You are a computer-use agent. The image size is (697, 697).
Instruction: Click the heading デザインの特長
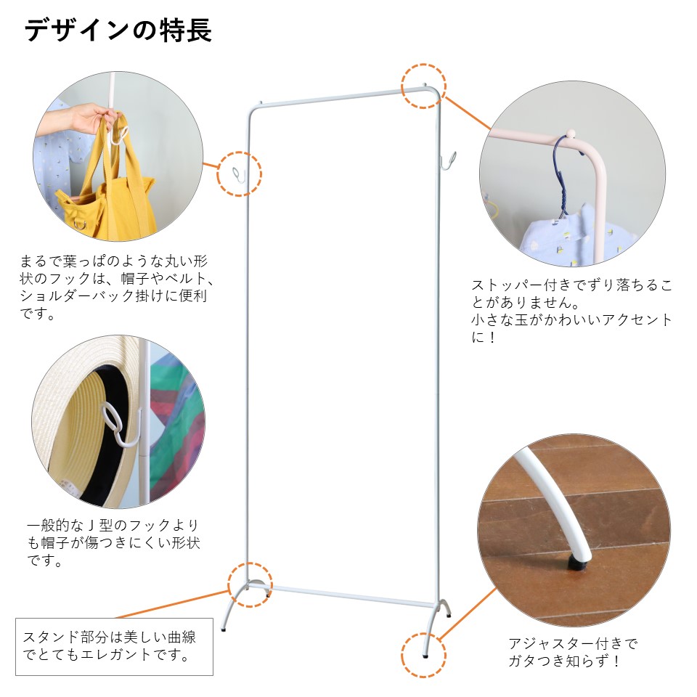tap(118, 30)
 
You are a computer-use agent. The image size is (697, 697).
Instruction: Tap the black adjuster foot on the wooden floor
tap(578, 561)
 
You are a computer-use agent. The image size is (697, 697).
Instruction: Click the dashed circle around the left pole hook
tap(240, 174)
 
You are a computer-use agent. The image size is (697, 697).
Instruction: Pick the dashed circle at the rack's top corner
tap(423, 86)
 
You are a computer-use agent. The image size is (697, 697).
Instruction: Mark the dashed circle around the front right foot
tap(423, 655)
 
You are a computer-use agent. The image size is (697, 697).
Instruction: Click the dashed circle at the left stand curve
tap(250, 583)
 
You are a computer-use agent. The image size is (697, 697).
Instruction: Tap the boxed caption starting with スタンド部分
tap(114, 646)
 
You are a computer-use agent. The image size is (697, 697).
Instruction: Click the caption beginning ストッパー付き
tap(572, 310)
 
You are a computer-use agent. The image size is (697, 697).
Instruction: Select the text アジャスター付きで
tap(572, 643)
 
